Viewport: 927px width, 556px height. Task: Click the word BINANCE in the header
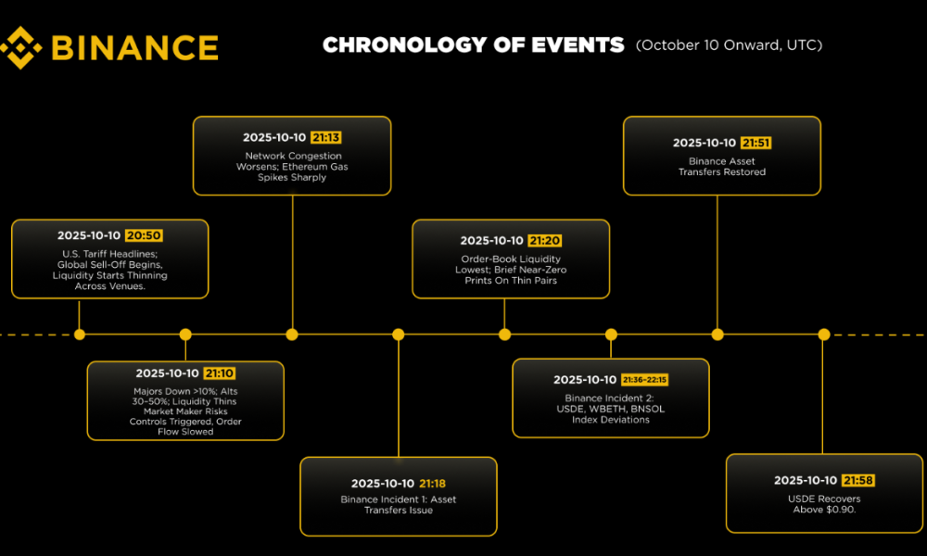133,47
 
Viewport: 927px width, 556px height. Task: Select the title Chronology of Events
473,44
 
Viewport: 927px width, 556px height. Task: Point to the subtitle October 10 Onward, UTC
729,44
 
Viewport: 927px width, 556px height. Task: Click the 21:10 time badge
220,373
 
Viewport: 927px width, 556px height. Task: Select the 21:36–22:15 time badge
644,379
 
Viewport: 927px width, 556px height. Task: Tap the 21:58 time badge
857,480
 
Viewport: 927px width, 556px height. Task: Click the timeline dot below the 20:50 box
80,335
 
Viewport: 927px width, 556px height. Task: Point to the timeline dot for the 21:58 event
824,335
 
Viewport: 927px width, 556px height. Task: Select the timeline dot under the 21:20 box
505,335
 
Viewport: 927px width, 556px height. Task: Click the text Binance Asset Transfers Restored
721,167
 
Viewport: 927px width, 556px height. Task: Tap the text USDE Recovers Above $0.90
825,504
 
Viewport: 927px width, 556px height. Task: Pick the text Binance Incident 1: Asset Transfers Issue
399,505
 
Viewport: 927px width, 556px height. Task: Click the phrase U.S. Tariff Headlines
109,254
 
